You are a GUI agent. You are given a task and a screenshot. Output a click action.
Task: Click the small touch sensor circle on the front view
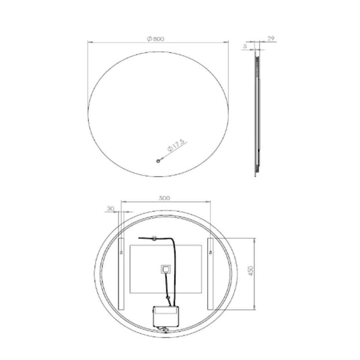tap(158, 160)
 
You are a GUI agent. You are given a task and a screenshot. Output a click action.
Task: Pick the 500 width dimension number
tap(166, 198)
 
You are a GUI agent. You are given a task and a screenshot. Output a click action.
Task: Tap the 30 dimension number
tap(110, 209)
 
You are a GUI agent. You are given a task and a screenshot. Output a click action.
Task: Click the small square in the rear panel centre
tap(164, 270)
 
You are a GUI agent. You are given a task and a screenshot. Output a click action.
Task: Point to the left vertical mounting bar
tap(121, 272)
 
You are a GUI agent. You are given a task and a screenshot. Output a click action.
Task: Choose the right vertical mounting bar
tap(210, 272)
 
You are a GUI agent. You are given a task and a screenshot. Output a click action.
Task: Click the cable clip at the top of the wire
tap(154, 238)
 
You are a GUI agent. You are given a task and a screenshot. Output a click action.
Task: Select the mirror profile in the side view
tap(256, 114)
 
